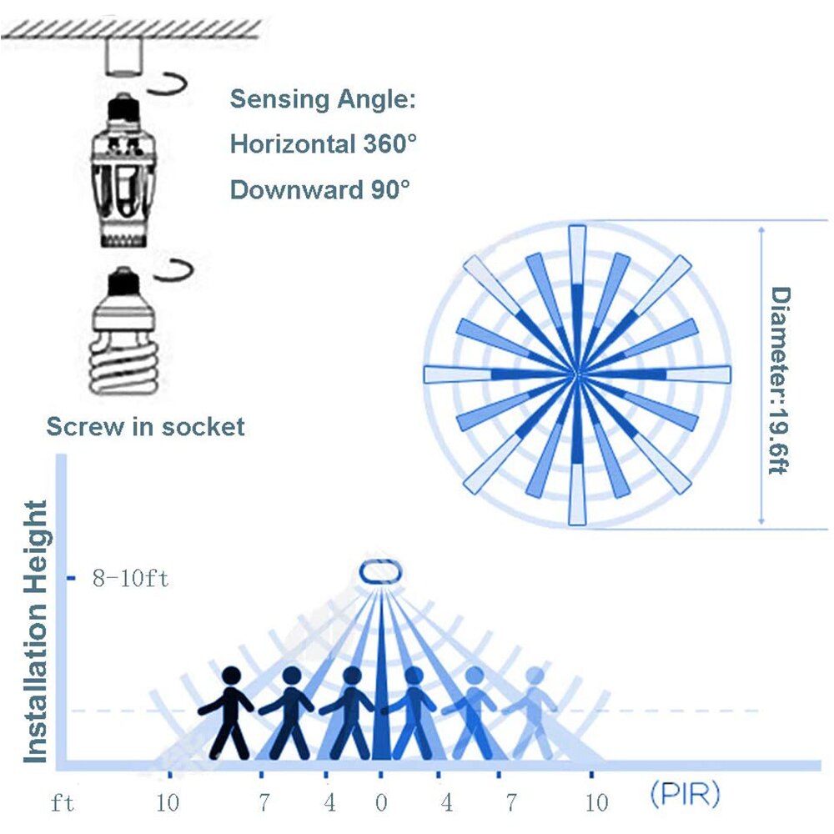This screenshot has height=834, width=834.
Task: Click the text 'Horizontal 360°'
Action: click(x=323, y=144)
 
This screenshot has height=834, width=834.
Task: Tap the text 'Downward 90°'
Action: click(x=320, y=189)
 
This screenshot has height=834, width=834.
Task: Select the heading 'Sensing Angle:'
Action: click(x=322, y=99)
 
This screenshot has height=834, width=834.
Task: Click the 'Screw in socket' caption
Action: click(x=146, y=427)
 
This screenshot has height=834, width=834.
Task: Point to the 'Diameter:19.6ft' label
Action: click(x=779, y=380)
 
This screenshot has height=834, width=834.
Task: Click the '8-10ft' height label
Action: click(x=130, y=578)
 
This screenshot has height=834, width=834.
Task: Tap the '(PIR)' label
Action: click(x=685, y=795)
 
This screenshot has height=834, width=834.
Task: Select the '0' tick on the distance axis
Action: click(x=381, y=803)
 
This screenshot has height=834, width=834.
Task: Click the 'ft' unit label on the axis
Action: click(x=61, y=802)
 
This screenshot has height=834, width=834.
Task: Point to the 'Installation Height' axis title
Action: click(x=36, y=631)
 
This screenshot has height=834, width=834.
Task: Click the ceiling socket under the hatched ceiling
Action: click(x=123, y=56)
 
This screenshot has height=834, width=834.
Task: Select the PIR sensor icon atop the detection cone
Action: click(x=381, y=573)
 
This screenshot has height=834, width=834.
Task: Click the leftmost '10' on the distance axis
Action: click(x=168, y=803)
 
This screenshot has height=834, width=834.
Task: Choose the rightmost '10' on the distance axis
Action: click(x=596, y=803)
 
